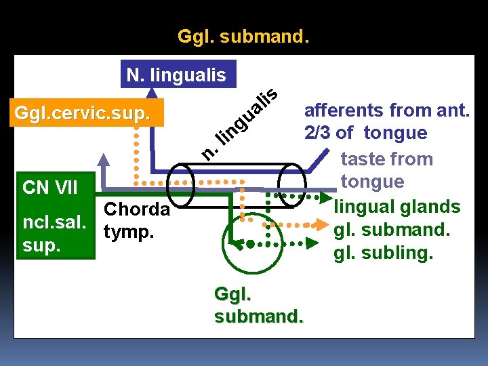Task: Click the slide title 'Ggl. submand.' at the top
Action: [243, 36]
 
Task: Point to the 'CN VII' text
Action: [50, 187]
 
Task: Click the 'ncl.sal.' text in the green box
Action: [54, 222]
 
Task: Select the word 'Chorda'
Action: [137, 209]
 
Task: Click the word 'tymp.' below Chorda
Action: [129, 232]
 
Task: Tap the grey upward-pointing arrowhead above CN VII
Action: [104, 160]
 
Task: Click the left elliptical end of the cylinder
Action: [181, 182]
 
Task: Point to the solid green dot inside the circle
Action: [250, 243]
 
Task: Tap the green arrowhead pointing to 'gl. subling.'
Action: [323, 243]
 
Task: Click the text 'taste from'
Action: [386, 159]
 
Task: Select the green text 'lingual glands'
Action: [398, 207]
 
